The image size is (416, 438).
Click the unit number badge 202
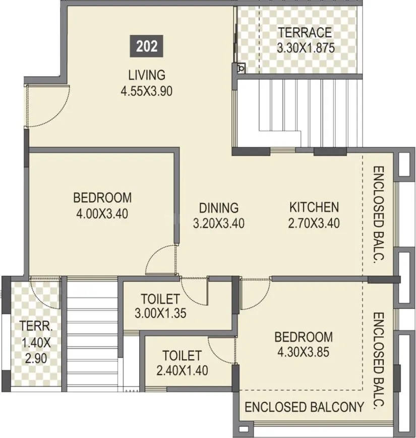point(147,46)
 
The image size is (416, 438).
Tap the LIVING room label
point(146,75)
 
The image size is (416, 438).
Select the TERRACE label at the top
point(305,33)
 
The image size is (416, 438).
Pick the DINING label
point(218,207)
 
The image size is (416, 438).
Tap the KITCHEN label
point(314,207)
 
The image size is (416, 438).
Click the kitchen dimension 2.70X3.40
point(314,223)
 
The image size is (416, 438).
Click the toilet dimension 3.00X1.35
point(160,313)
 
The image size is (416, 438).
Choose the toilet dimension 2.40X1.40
point(182,371)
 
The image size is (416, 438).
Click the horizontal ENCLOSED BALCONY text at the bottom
point(304,407)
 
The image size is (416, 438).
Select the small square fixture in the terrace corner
point(242,68)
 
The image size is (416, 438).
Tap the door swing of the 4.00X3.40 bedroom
point(160,260)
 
